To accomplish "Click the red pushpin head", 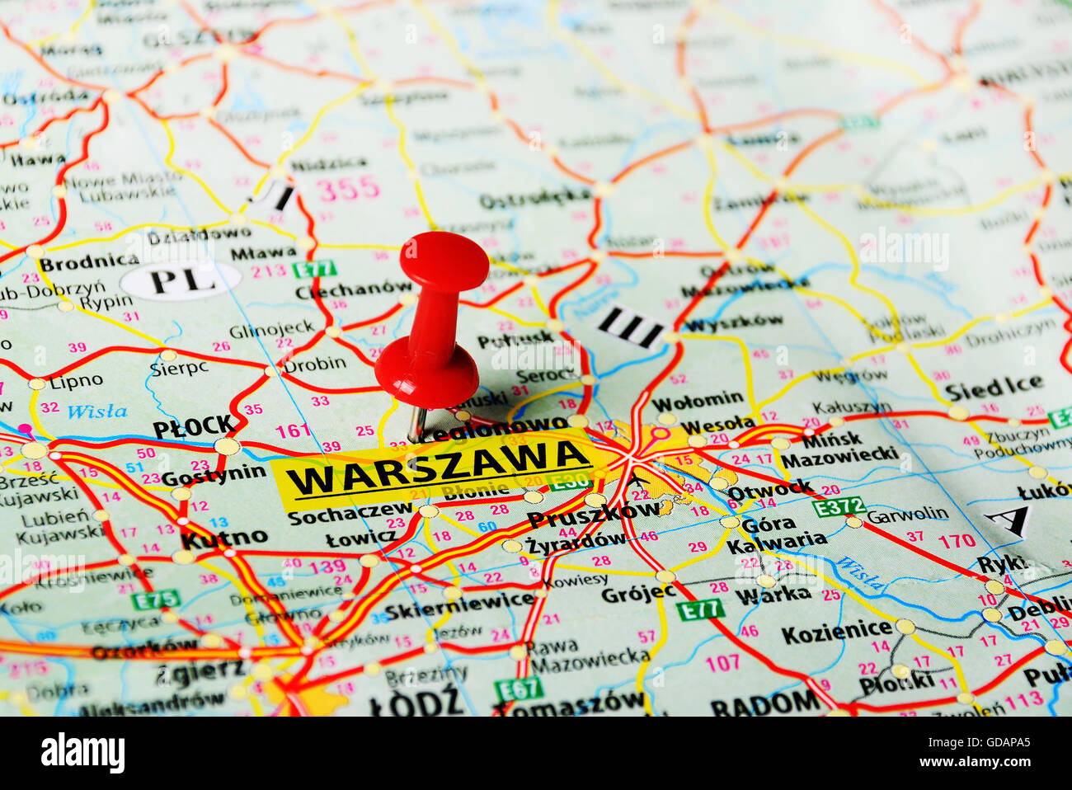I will [x=444, y=261].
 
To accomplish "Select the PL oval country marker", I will [x=181, y=281].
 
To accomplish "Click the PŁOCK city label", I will [x=194, y=426].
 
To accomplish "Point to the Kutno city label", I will [x=223, y=538].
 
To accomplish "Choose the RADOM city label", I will [x=764, y=703].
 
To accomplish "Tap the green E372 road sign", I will [x=838, y=506].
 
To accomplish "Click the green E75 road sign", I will [x=155, y=599].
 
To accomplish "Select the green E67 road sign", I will [x=519, y=687].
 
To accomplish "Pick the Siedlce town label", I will [x=993, y=388].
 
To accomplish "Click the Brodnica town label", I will [x=89, y=263].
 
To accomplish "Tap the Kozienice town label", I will [x=836, y=632].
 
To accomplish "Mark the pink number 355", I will [x=348, y=189].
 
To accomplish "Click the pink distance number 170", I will [x=957, y=542].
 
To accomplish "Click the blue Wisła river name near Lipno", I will [x=96, y=411].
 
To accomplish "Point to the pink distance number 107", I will [x=722, y=661].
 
